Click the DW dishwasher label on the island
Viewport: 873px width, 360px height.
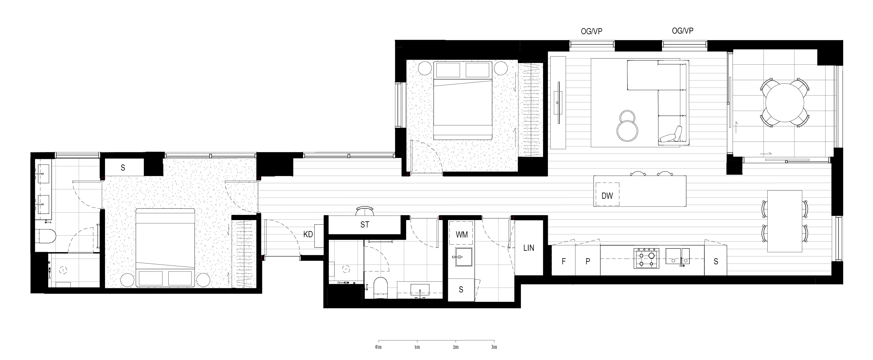(607, 196)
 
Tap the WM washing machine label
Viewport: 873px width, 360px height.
(462, 235)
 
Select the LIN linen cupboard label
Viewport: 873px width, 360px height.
(529, 248)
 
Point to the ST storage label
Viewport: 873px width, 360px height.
(365, 224)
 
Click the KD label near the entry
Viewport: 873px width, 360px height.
(308, 234)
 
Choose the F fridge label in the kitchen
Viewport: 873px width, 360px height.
(563, 261)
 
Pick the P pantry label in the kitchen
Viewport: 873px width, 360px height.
(588, 261)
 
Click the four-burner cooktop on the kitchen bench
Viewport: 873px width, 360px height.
(647, 259)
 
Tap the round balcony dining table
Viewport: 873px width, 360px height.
(785, 103)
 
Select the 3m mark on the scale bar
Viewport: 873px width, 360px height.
(494, 347)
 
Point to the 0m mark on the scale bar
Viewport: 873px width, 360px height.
(379, 347)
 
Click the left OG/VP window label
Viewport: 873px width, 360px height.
(592, 32)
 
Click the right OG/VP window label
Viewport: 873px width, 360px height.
(683, 31)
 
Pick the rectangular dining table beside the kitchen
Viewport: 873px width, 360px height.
(784, 221)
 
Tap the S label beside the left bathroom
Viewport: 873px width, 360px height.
(123, 167)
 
